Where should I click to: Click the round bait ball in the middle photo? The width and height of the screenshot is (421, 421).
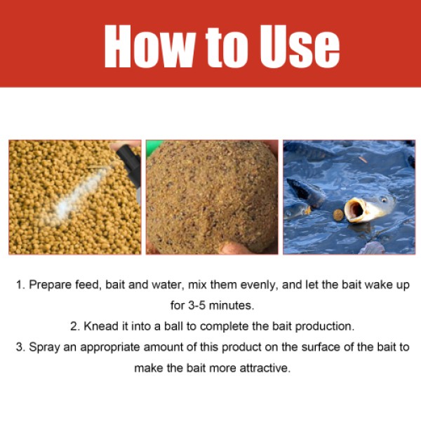[211, 196]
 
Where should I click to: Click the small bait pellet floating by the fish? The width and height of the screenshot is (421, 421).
[338, 213]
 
